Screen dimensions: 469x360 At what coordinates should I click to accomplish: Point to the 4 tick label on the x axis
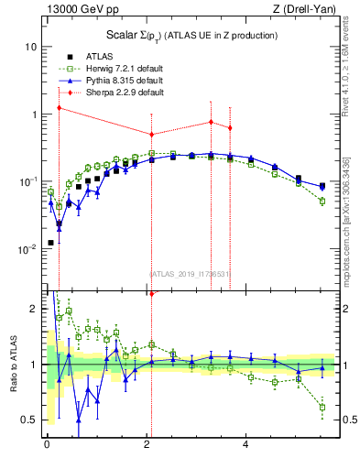tap(245, 445)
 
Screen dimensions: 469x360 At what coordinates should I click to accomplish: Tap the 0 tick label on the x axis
tap(47, 445)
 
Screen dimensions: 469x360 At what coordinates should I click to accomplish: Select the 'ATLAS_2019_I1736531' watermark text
tap(189, 274)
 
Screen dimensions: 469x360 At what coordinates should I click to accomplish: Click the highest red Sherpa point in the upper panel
tap(59, 108)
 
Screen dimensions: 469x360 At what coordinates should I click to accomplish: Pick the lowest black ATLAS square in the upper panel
tap(50, 243)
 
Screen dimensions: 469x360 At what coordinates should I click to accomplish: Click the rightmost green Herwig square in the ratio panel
tap(322, 408)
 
